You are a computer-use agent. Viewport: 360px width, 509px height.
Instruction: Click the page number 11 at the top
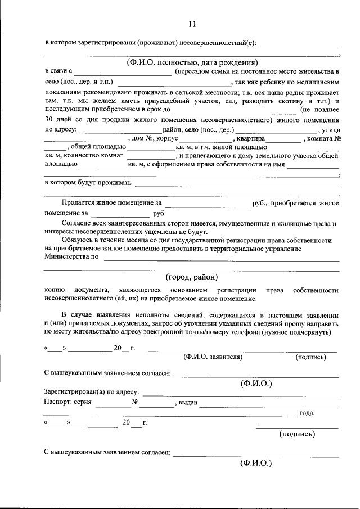pos(192,24)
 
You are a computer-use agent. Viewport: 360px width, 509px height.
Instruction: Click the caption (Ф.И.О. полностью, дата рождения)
pos(192,62)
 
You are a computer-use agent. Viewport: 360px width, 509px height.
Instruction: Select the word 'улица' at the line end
pos(330,129)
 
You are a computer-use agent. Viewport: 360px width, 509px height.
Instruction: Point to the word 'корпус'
pos(168,138)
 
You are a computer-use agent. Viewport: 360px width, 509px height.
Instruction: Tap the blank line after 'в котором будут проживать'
pos(236,184)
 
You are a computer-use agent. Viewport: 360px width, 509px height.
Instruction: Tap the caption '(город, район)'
pos(192,277)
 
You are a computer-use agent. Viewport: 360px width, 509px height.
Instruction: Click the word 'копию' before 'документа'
pos(54,290)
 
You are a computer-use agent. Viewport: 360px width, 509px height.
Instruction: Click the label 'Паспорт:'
pos(58,402)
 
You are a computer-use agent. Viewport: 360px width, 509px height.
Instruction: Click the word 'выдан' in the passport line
pos(188,403)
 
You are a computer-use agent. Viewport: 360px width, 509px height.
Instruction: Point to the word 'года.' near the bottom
pos(307,413)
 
